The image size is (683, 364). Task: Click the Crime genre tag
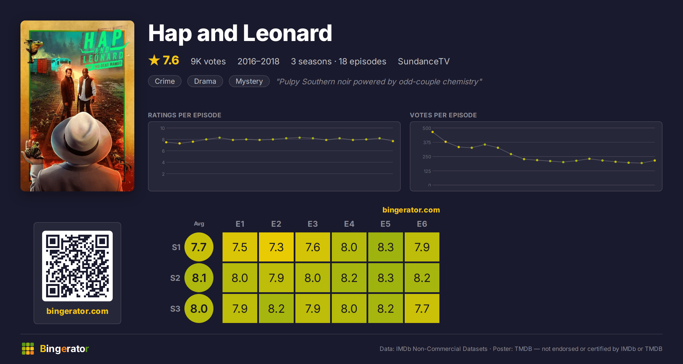[165, 81]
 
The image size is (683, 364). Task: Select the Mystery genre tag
[249, 81]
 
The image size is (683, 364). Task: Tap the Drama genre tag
[205, 81]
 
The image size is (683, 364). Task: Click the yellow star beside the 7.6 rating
[154, 60]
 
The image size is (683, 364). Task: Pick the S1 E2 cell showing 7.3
[276, 247]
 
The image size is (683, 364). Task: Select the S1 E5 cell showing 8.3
[386, 247]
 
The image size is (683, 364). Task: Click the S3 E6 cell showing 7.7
[422, 308]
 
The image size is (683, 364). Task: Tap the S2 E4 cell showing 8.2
[349, 278]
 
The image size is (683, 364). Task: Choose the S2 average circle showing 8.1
[199, 278]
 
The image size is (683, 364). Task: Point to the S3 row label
[175, 309]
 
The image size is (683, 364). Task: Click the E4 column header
[349, 224]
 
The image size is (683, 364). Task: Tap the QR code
[77, 266]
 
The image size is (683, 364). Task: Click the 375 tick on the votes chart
[427, 142]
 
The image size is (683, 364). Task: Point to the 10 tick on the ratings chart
[162, 128]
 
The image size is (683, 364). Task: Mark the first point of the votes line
[433, 132]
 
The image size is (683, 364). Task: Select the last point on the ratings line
[393, 141]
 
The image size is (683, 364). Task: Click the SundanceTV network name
[424, 61]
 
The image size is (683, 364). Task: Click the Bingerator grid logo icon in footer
[28, 349]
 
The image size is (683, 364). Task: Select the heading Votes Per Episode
[443, 115]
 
